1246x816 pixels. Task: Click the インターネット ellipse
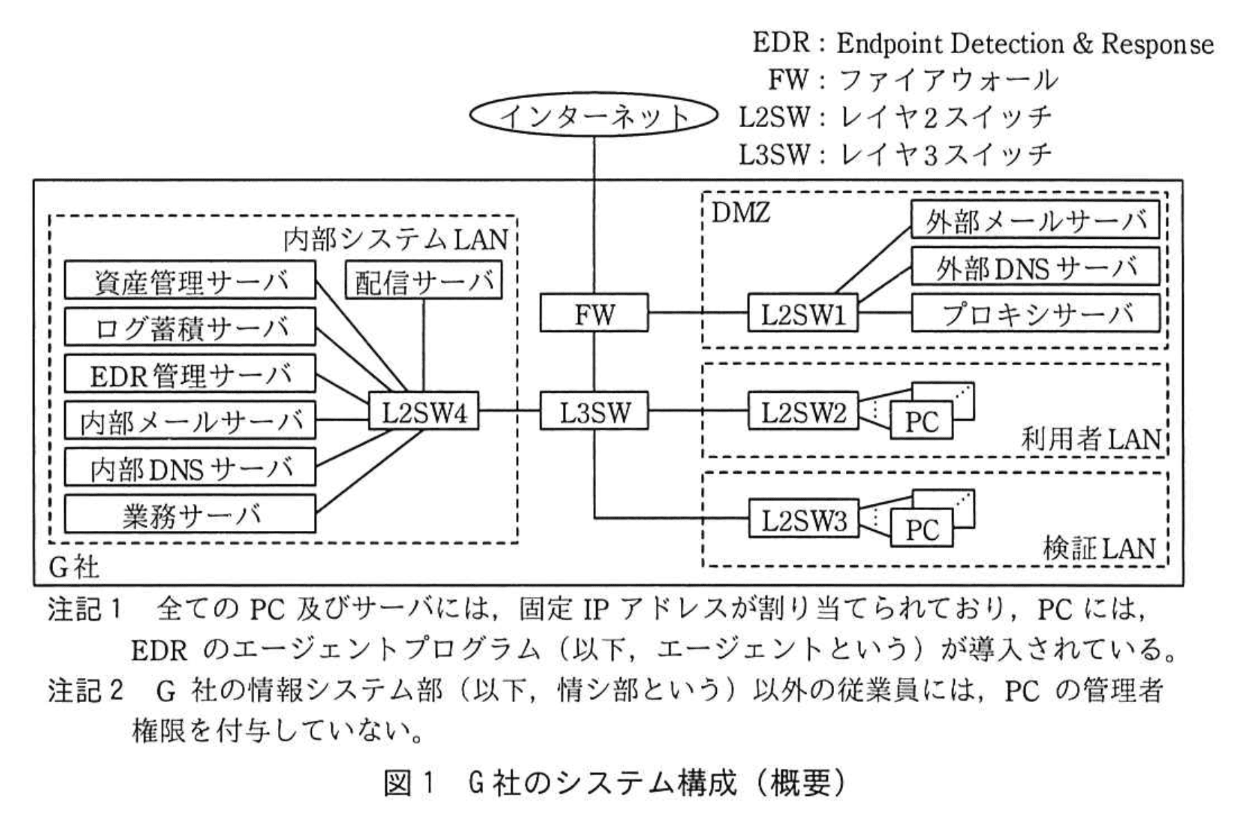pos(594,115)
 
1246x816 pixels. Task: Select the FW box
pos(594,314)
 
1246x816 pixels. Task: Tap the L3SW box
pos(594,412)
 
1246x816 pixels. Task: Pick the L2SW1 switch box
pos(803,314)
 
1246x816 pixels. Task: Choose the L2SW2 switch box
pos(803,412)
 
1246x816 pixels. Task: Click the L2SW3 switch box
pos(803,520)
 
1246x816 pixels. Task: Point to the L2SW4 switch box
pos(424,412)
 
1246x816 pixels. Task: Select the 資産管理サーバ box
pos(190,280)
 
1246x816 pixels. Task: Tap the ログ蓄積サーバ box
pos(190,327)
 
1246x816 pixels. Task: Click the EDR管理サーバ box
pos(190,374)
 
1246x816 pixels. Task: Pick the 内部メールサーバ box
pos(190,420)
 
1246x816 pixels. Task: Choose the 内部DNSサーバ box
pos(190,467)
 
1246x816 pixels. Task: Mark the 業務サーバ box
pos(190,514)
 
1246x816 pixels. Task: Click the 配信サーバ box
pos(424,280)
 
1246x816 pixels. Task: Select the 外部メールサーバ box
pos(1035,220)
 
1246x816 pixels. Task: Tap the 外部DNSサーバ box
pos(1035,267)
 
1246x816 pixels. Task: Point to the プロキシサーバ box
pos(1035,314)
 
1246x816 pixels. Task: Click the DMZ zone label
pos(740,213)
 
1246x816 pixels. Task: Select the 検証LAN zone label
pos(1099,548)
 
